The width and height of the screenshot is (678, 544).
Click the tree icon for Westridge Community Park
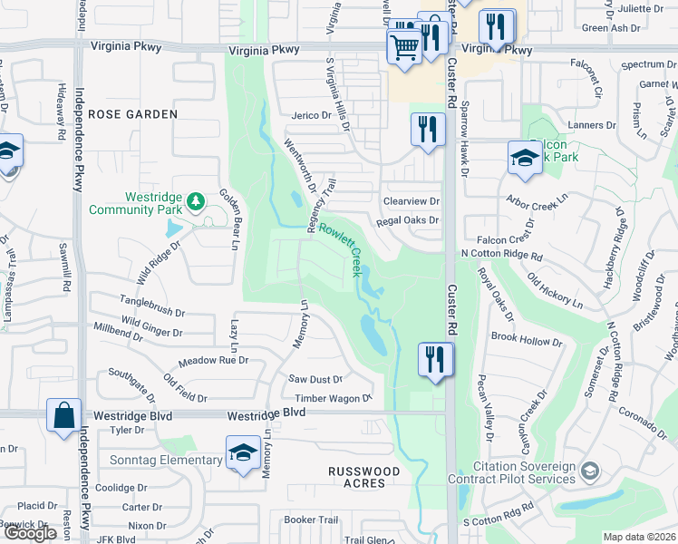tap(194, 199)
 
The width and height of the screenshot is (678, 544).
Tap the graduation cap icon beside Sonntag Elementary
tap(243, 454)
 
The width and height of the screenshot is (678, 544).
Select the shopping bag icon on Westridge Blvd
tap(64, 416)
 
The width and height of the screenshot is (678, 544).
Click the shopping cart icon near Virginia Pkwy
tap(404, 44)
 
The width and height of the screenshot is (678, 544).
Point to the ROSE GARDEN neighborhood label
tap(134, 114)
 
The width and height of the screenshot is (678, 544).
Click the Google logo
tap(30, 533)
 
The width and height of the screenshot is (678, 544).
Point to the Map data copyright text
tap(639, 537)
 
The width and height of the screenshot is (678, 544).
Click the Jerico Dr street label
tap(311, 115)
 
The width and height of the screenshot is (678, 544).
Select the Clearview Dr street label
tap(411, 201)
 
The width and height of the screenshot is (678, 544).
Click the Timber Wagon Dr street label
tap(333, 398)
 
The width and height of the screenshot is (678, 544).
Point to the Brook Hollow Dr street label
tap(527, 339)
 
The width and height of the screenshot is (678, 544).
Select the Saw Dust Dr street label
tap(315, 379)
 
